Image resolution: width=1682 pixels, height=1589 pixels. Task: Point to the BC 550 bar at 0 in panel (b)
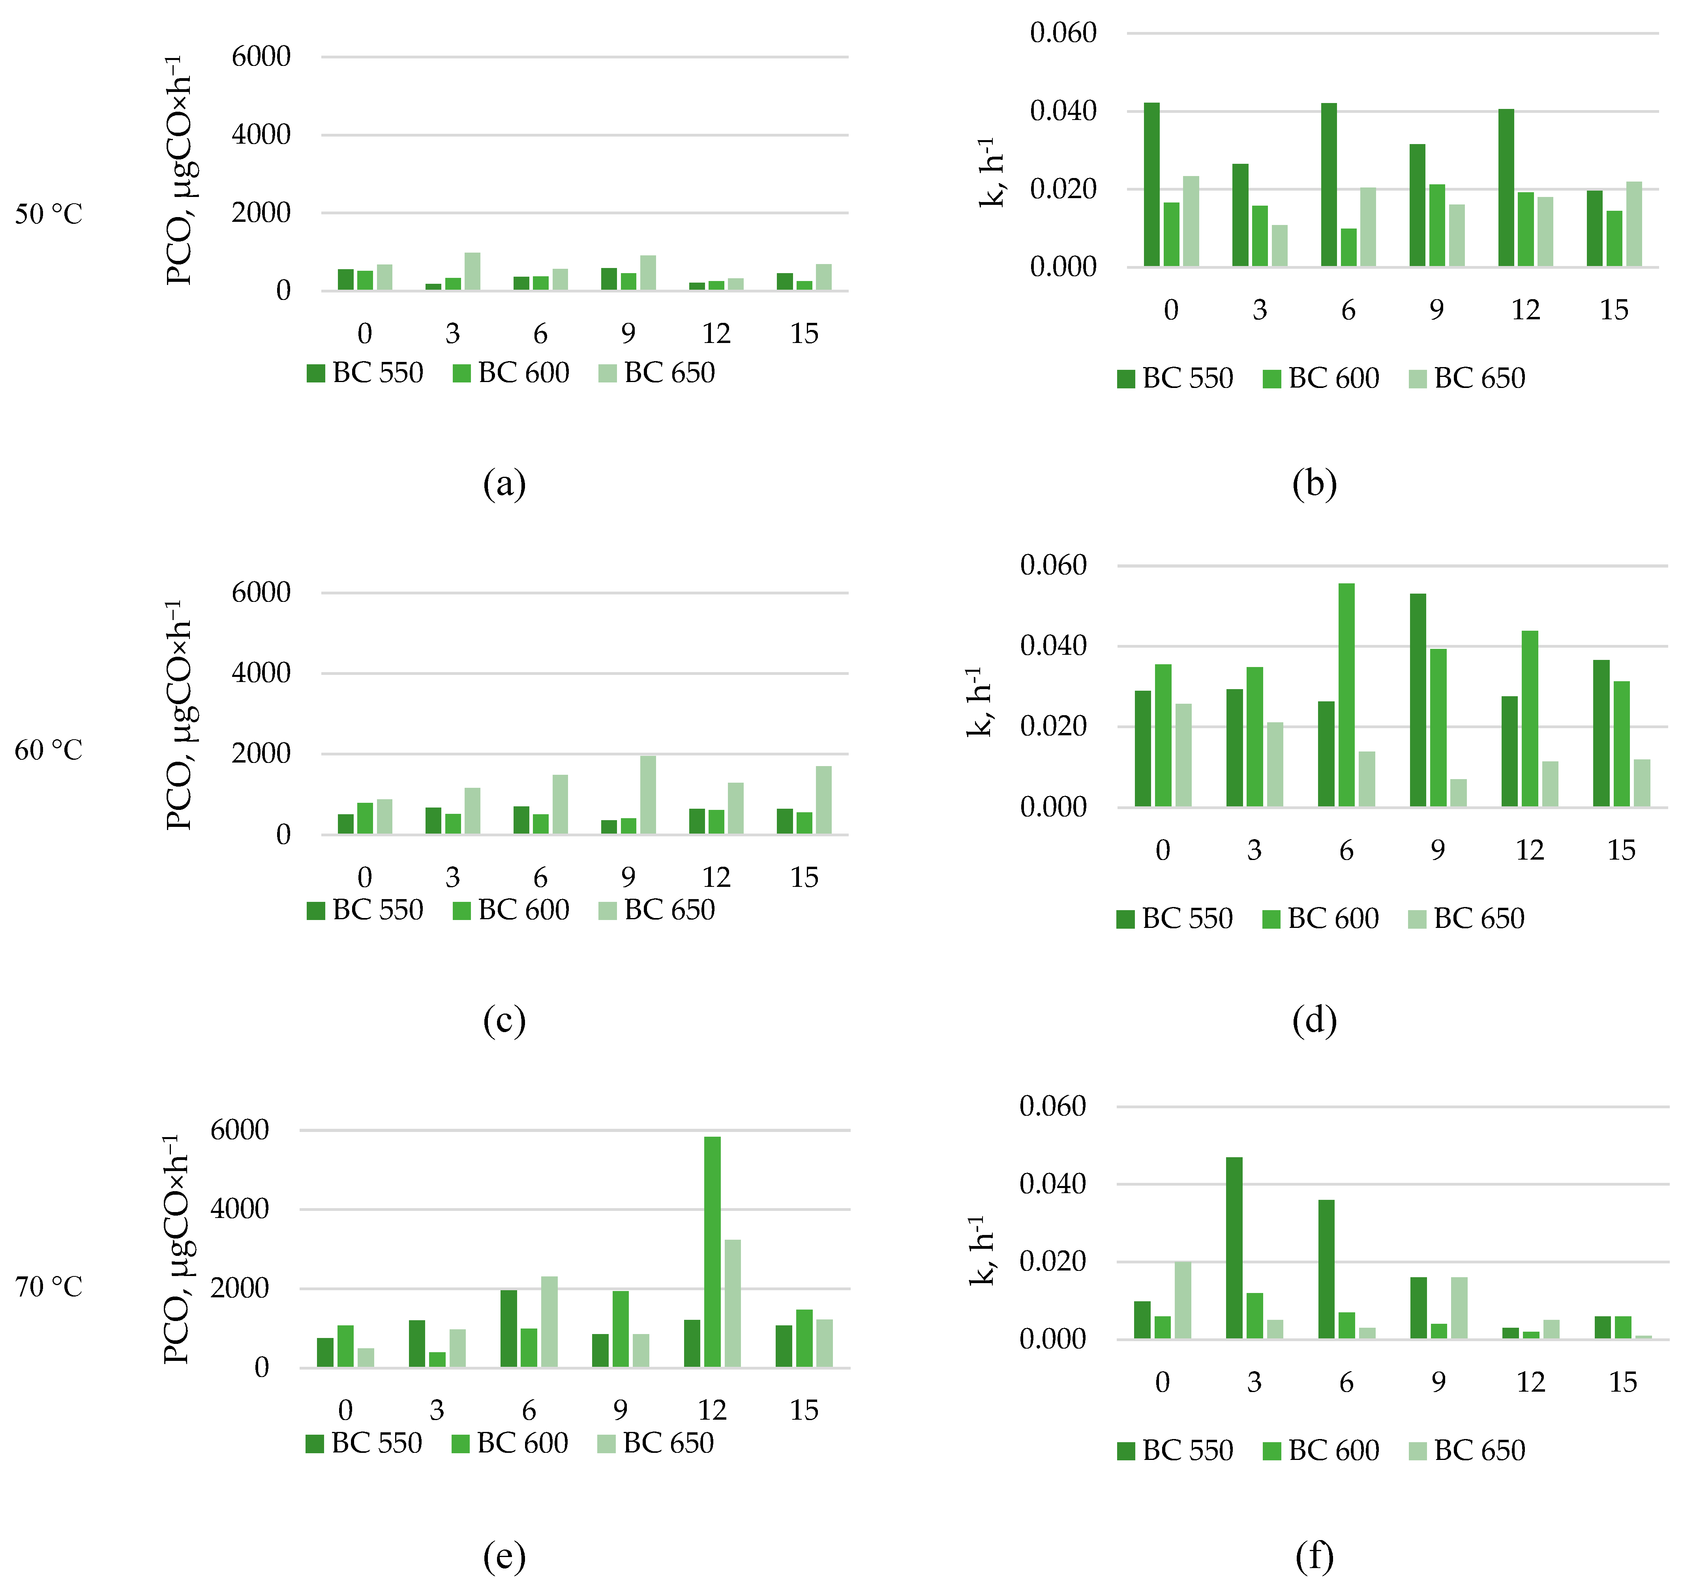1152,185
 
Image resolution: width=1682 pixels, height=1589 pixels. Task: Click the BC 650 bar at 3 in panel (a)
473,272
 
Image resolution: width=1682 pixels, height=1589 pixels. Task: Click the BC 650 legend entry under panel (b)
1468,378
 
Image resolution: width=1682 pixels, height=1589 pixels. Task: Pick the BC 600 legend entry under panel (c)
512,910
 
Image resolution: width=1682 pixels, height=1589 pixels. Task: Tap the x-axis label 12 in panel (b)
1525,310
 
